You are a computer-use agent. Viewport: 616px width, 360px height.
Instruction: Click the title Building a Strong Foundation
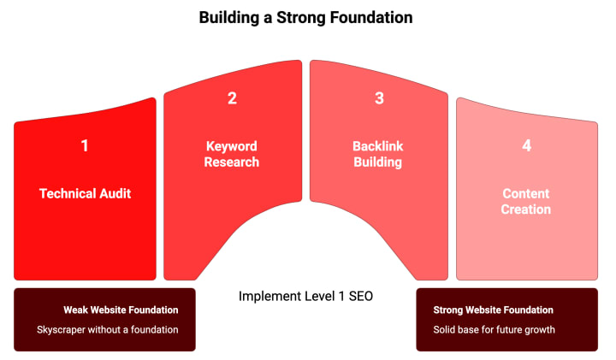(x=305, y=17)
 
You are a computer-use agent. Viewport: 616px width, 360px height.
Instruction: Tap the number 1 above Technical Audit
(x=85, y=146)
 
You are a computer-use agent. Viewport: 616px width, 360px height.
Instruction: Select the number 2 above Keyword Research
(x=232, y=98)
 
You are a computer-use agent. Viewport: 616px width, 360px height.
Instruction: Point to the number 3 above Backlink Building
(x=379, y=98)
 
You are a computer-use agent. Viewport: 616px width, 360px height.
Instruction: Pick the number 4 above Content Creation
(x=526, y=146)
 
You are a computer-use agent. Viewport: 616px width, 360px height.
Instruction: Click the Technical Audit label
(x=85, y=194)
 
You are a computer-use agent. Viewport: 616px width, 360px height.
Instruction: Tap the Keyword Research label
(x=232, y=154)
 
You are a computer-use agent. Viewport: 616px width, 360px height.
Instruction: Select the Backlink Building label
(x=378, y=154)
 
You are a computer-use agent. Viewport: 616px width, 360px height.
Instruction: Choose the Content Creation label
(x=526, y=202)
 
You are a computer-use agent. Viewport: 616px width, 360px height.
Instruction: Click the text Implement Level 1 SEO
(x=305, y=297)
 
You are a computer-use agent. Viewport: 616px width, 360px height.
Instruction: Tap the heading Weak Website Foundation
(x=121, y=310)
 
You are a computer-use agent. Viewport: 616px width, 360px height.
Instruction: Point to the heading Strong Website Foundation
(x=493, y=310)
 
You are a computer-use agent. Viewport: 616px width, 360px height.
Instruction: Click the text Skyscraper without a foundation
(x=108, y=329)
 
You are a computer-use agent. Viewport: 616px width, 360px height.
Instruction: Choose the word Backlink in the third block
(x=378, y=146)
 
